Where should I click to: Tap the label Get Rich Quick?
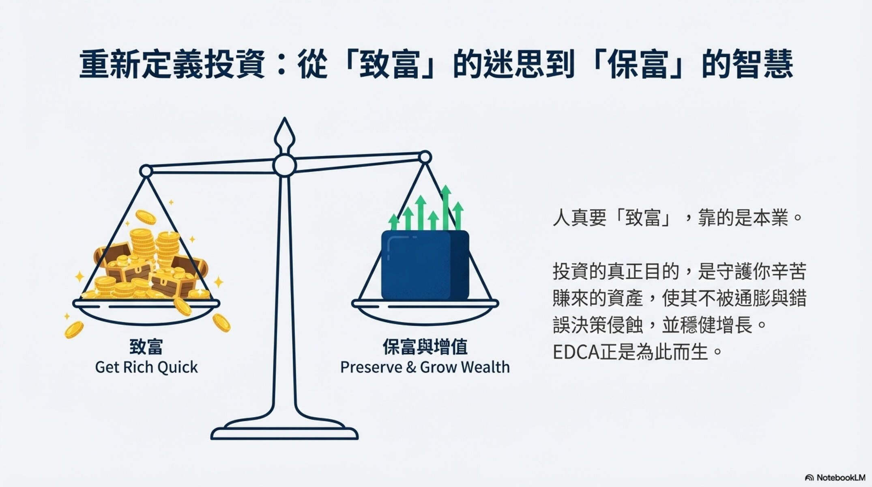(146, 367)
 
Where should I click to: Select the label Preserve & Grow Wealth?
(425, 367)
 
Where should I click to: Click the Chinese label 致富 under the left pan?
(146, 347)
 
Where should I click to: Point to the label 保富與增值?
(425, 347)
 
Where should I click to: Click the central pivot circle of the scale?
(284, 166)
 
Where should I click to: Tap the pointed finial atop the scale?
(284, 134)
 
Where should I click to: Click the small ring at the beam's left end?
(146, 171)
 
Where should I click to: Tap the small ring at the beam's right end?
(425, 157)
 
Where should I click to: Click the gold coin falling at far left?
(74, 329)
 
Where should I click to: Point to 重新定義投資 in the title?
(172, 64)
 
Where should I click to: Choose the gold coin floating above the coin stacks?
(146, 217)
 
